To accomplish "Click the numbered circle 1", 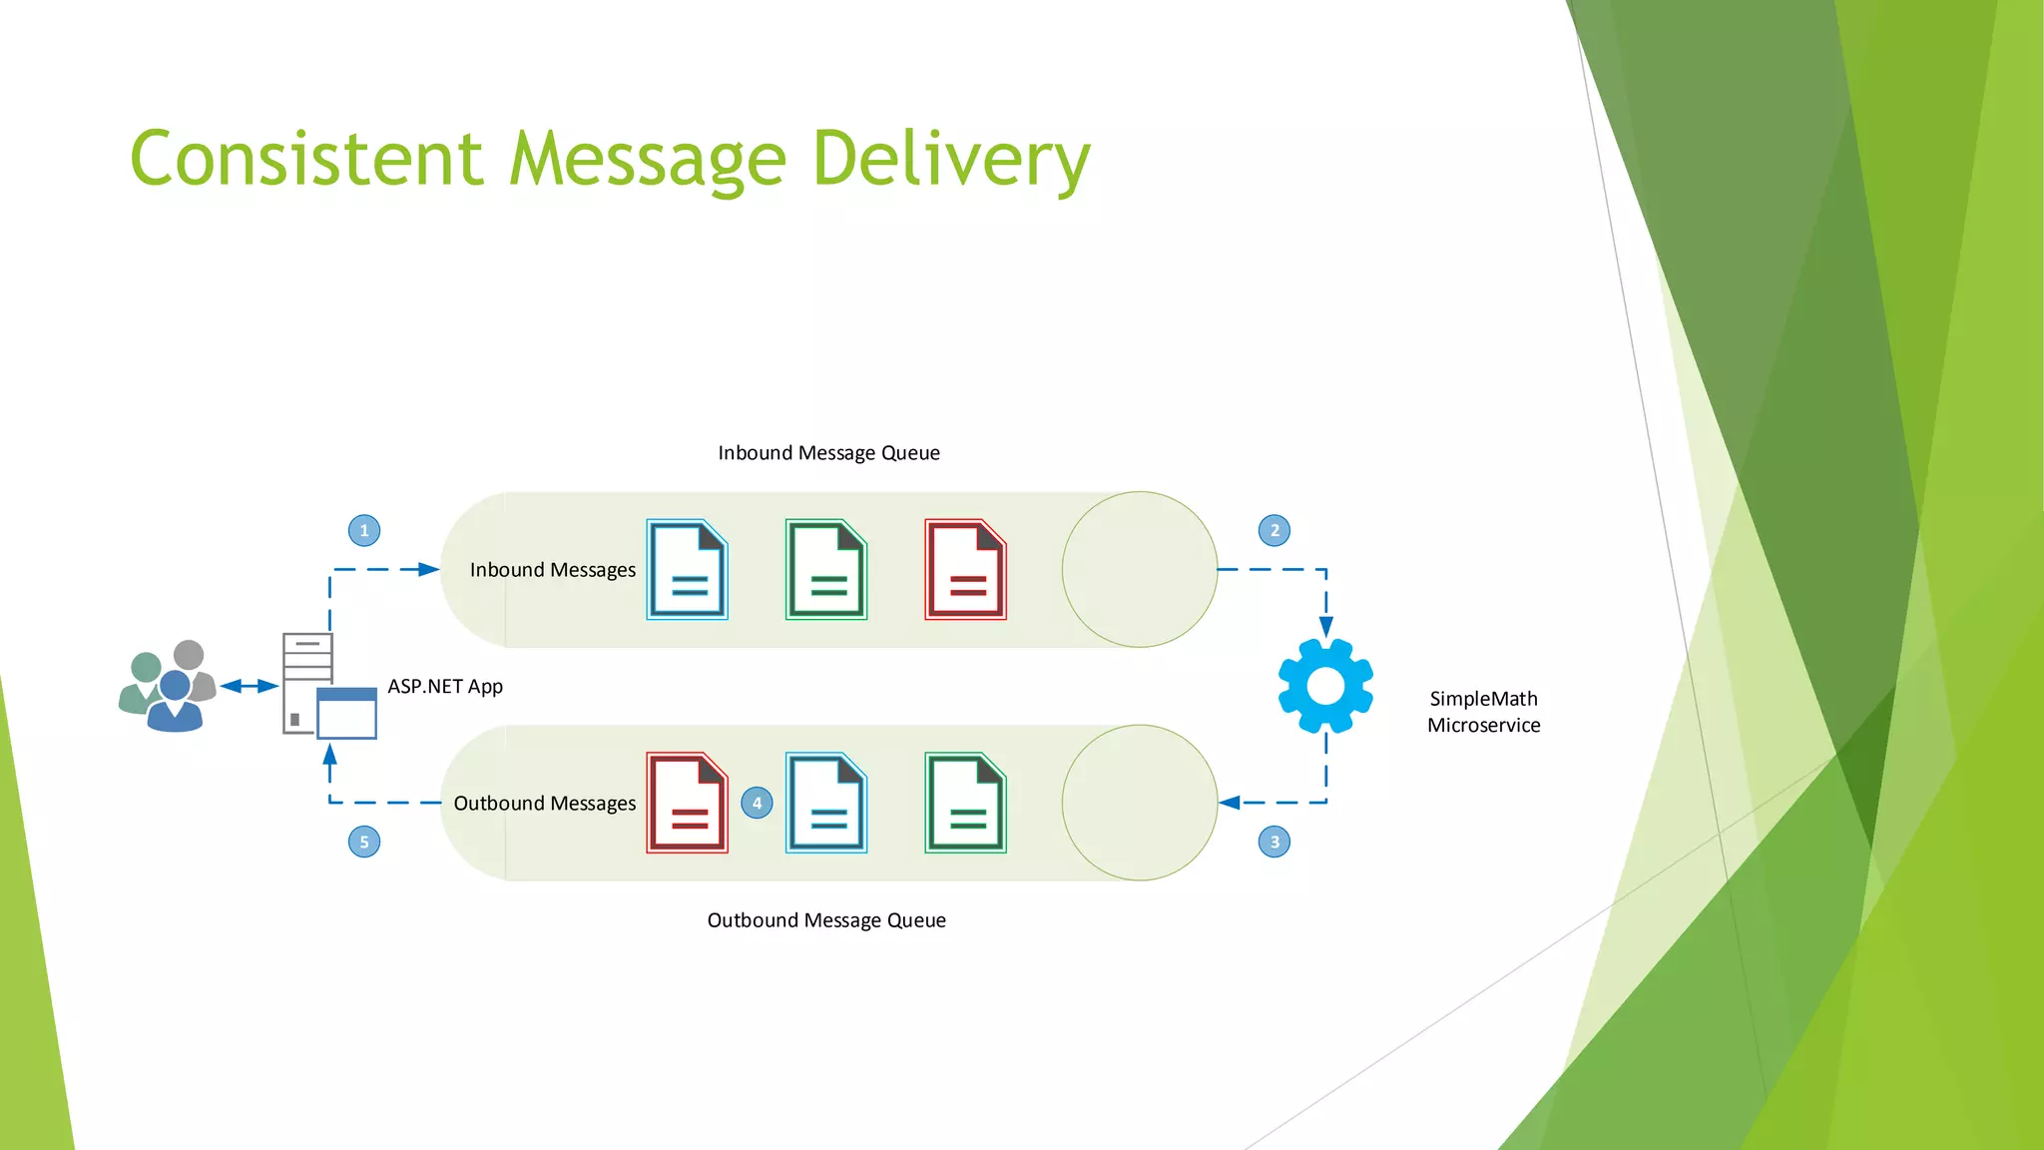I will pyautogui.click(x=364, y=530).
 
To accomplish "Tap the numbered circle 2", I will pyautogui.click(x=1275, y=530).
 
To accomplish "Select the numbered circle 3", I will pyautogui.click(x=1275, y=842).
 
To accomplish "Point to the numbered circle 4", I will pyautogui.click(x=757, y=803).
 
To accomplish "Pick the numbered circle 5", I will pyautogui.click(x=364, y=842).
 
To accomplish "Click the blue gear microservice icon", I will pyautogui.click(x=1325, y=686).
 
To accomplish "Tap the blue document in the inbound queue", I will pyautogui.click(x=687, y=570).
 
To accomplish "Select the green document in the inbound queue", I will pyautogui.click(x=826, y=570).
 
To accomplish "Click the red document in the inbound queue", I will pyautogui.click(x=965, y=570).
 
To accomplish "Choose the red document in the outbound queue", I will pyautogui.click(x=687, y=803).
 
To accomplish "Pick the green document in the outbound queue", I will pyautogui.click(x=965, y=803).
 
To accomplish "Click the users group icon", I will pyautogui.click(x=168, y=687).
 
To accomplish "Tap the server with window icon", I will pyautogui.click(x=328, y=687).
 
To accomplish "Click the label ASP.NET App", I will pyautogui.click(x=445, y=687).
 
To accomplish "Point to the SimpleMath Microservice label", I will pyautogui.click(x=1483, y=712).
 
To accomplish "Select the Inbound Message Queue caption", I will pyautogui.click(x=828, y=453).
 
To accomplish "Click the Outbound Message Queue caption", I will pyautogui.click(x=826, y=920).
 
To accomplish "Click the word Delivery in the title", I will pyautogui.click(x=951, y=160).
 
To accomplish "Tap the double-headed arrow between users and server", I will pyautogui.click(x=250, y=686).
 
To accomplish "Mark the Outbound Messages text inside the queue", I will pyautogui.click(x=544, y=804).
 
